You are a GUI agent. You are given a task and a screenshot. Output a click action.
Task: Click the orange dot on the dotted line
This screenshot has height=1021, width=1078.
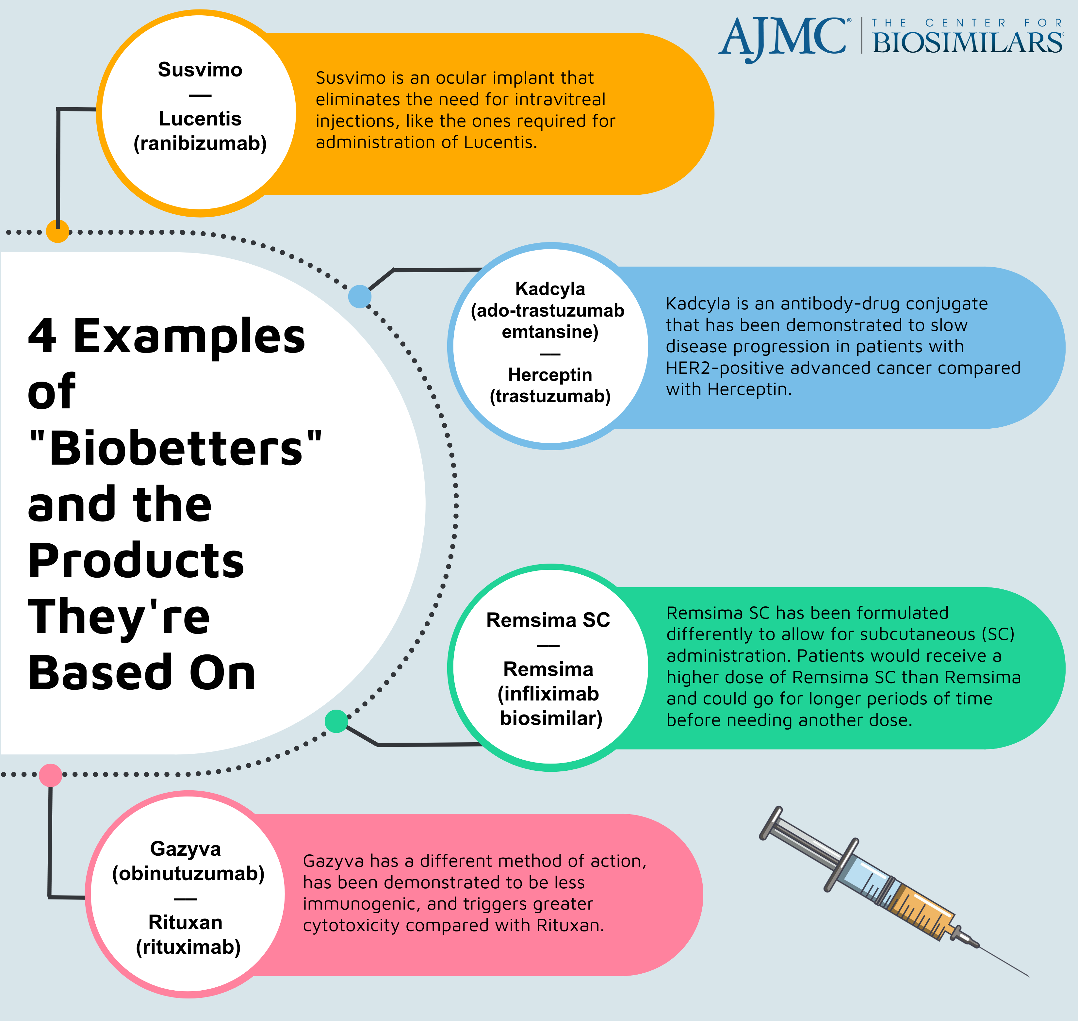[58, 231]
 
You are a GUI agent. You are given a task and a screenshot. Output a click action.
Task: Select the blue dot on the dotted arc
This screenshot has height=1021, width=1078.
[360, 297]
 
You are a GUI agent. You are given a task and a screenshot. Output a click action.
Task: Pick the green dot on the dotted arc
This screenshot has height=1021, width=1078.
[336, 721]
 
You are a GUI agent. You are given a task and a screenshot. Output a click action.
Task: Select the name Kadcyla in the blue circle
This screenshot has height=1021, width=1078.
[550, 289]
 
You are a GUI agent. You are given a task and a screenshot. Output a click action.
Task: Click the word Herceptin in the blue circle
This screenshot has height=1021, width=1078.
[550, 375]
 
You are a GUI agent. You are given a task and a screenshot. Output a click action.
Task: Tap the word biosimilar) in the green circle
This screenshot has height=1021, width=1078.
[551, 718]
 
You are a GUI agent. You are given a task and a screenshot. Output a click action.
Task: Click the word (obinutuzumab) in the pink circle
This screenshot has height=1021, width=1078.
[188, 874]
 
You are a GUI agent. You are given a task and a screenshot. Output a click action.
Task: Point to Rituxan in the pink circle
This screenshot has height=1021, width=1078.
[186, 922]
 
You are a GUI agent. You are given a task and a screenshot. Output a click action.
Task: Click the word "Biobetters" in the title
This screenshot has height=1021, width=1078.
[175, 449]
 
